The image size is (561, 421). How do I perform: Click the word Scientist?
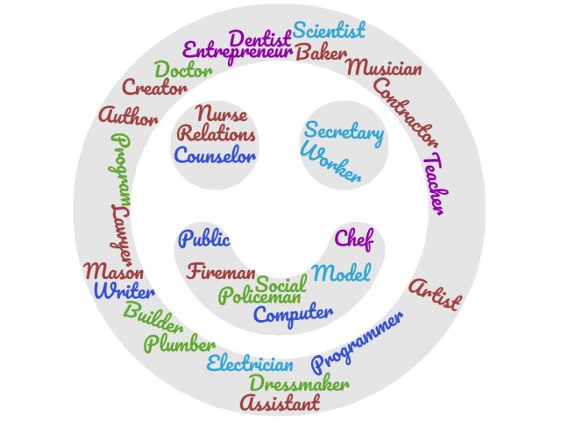coord(329,31)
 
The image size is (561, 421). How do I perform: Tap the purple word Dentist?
coord(259,39)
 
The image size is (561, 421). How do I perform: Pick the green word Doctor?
coord(183,69)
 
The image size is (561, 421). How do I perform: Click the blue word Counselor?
coord(215,156)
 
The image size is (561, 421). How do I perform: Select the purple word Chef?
coord(354,238)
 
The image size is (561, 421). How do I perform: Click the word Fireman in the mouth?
coord(221,271)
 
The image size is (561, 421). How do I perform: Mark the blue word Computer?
coord(294,314)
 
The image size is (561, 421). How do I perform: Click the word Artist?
coord(435,294)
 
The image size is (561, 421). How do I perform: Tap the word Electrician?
coord(250,363)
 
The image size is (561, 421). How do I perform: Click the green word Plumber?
coord(181,343)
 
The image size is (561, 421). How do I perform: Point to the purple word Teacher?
coord(434,184)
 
